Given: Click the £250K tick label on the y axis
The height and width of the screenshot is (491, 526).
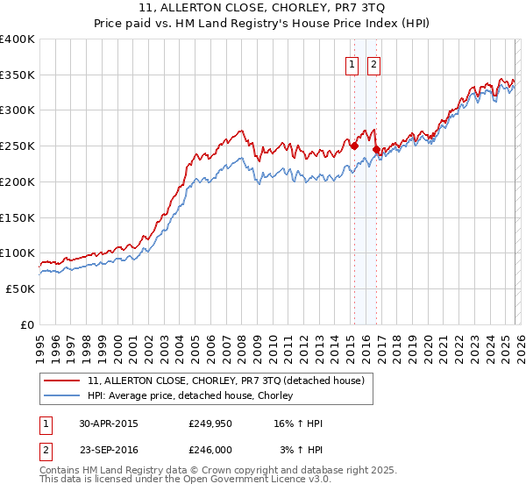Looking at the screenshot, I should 17,146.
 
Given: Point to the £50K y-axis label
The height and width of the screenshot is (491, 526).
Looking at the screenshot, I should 19,288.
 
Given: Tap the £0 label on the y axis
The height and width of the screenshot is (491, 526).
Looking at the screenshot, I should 26,324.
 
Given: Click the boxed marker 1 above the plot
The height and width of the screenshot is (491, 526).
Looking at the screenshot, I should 352,63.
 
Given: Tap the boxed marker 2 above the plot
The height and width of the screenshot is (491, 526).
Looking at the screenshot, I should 373,63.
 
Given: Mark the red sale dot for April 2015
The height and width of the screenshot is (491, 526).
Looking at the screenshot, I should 354,146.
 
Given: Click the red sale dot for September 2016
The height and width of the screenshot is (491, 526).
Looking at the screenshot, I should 376,150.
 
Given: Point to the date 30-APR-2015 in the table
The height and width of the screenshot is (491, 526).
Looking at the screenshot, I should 108,423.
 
